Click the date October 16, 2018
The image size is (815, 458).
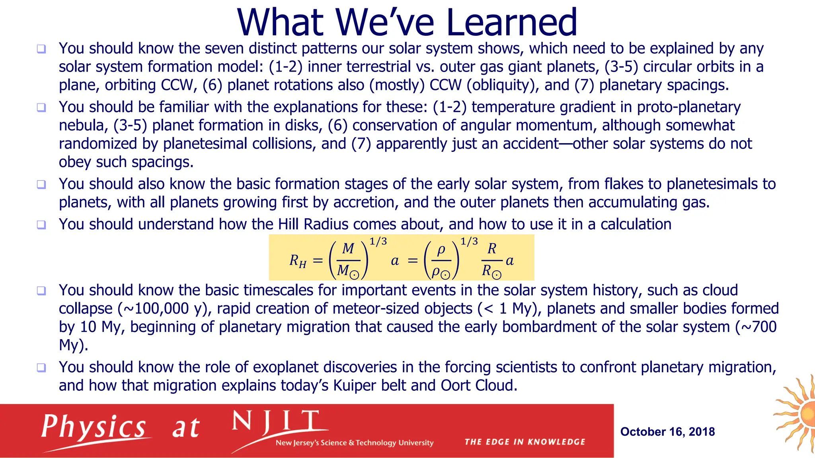pos(667,432)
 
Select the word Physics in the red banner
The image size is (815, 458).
pos(94,427)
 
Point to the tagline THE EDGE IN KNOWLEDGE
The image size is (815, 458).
pos(524,442)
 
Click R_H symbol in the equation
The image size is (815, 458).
pos(298,261)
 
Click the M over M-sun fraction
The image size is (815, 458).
pos(348,260)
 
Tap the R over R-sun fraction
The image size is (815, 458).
pos(492,260)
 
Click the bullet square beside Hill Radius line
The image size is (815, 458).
pos(41,225)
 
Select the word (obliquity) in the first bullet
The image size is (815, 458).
pos(502,85)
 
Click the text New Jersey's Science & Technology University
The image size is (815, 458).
pos(354,443)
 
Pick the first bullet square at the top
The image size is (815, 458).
pos(41,49)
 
